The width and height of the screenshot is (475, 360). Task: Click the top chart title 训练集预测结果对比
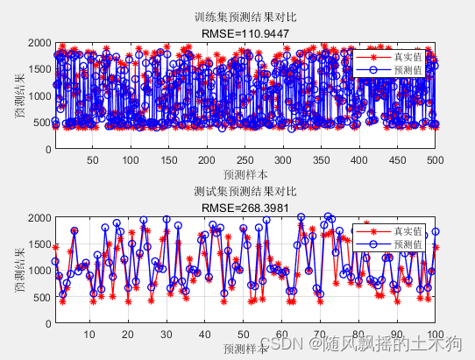[245, 18]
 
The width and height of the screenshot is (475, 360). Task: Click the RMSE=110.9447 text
[245, 33]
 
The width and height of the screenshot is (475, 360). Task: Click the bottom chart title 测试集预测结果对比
[245, 191]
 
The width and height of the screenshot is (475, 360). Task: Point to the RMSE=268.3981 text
[245, 207]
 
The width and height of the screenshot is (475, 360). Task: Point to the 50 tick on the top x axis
[92, 160]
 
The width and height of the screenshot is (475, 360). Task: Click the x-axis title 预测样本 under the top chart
[245, 173]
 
